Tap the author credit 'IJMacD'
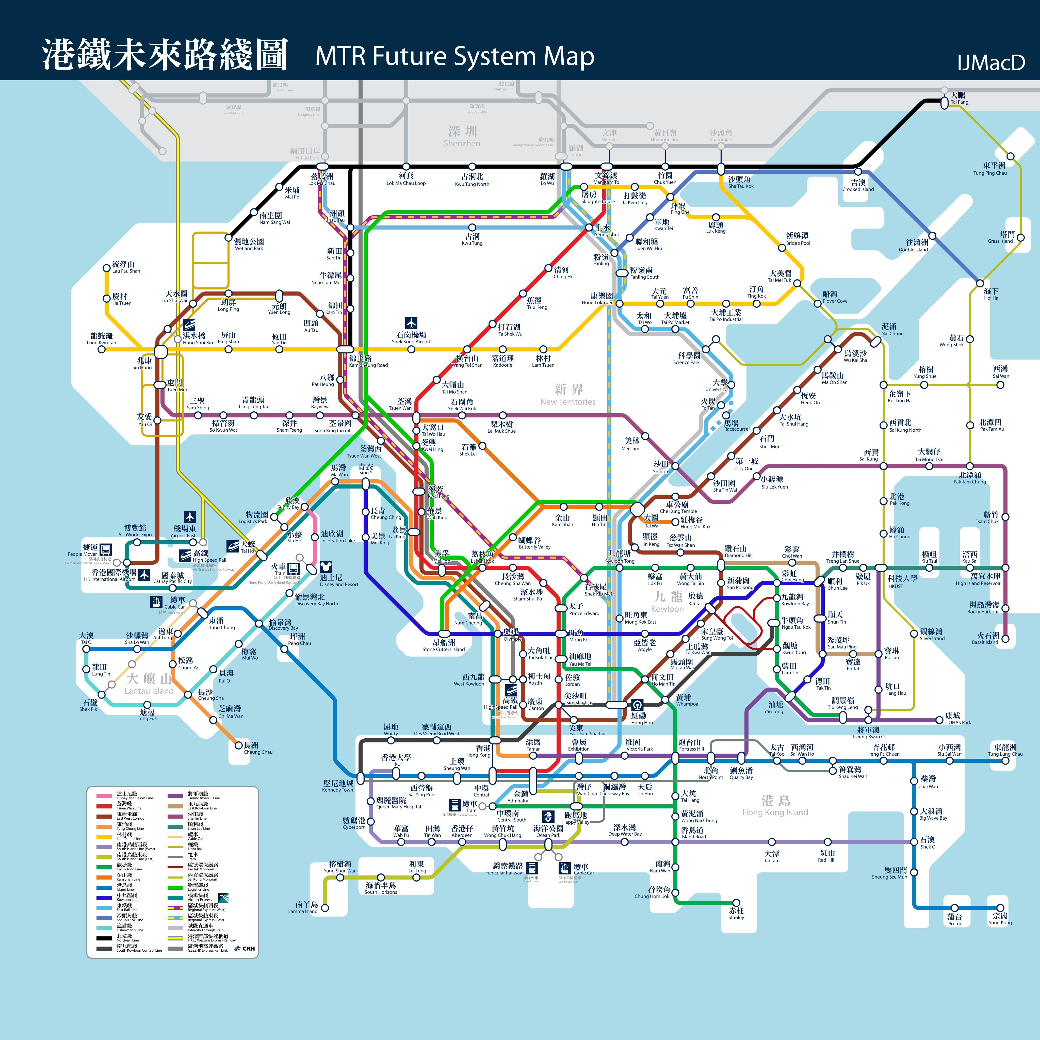990,63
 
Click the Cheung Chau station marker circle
238,745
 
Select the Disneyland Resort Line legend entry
126,795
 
